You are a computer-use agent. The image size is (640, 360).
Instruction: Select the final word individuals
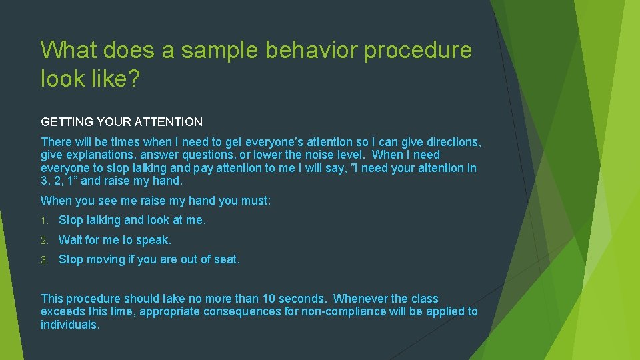pos(69,325)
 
